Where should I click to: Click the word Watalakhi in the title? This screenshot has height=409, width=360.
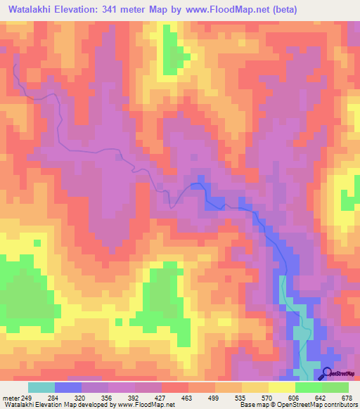coord(31,10)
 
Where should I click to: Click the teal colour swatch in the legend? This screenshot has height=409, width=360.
coord(41,387)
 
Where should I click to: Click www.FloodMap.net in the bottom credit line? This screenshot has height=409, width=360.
coord(146,405)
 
